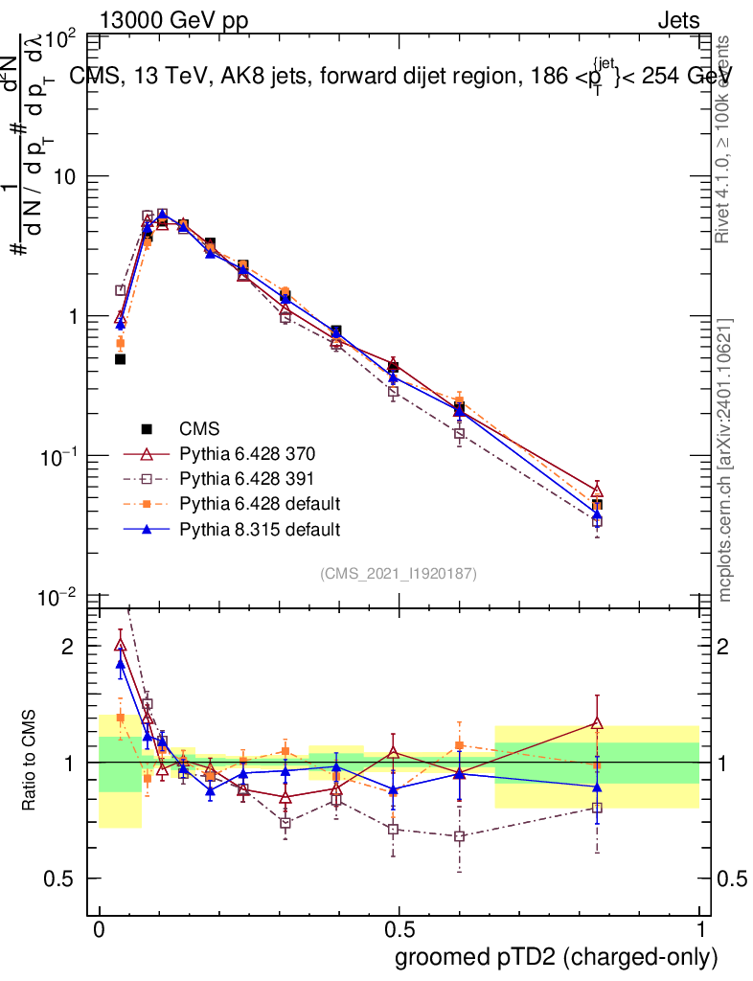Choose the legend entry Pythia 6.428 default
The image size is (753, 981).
click(259, 504)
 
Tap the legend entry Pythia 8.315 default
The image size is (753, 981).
click(259, 529)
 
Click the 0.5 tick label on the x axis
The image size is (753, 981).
click(399, 931)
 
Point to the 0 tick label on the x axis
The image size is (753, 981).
click(99, 931)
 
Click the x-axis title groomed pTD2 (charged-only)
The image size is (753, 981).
click(556, 956)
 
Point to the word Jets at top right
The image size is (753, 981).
click(677, 21)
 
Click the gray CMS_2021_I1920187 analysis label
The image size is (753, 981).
click(399, 573)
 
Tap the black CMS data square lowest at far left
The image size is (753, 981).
click(121, 359)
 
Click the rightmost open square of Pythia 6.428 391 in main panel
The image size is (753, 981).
click(597, 522)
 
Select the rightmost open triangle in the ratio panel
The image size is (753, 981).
click(597, 724)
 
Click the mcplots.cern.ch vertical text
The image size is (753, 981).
click(725, 460)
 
